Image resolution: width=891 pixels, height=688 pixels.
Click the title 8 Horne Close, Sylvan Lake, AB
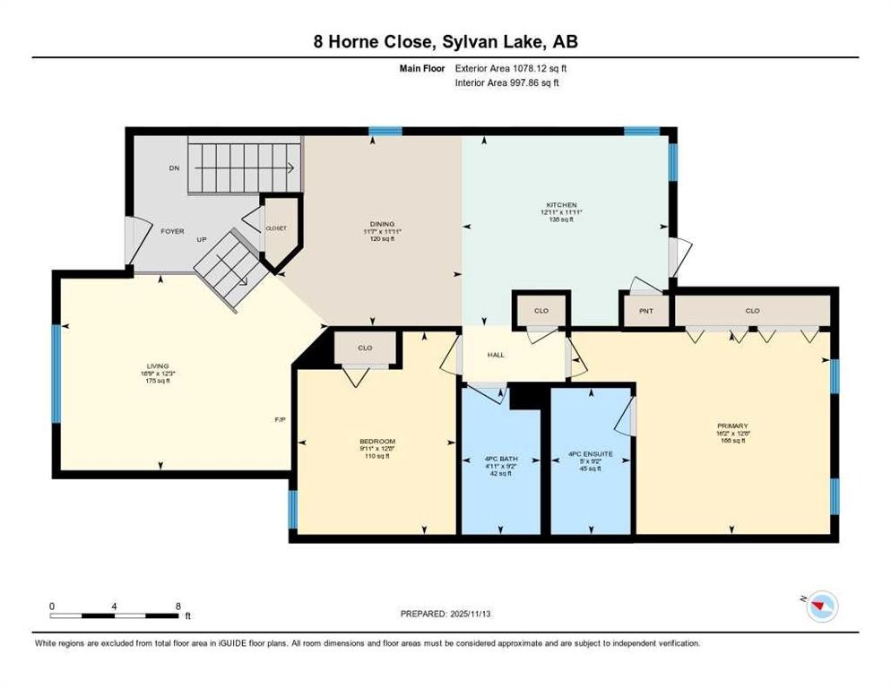click(x=445, y=42)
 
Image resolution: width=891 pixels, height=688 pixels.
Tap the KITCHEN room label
click(x=562, y=204)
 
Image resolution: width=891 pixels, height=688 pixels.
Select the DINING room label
click(x=383, y=224)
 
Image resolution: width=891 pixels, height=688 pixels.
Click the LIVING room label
click(x=158, y=365)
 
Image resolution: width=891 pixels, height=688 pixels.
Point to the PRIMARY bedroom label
click(x=731, y=426)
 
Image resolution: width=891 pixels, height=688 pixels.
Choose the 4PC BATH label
click(x=500, y=454)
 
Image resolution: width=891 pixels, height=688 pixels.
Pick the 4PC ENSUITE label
click(x=591, y=454)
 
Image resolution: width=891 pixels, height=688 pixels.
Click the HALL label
click(x=496, y=355)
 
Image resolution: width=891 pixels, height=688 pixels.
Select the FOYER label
click(x=172, y=231)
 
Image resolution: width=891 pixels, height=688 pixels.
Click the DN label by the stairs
click(x=174, y=168)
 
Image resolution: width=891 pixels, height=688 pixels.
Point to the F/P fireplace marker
click(x=280, y=419)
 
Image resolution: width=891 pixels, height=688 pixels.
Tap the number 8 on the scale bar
click(x=177, y=606)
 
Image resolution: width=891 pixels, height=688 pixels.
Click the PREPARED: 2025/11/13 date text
click(x=445, y=614)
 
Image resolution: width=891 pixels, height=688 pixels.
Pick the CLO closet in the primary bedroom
click(x=751, y=311)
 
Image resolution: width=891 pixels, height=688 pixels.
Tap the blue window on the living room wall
click(x=56, y=372)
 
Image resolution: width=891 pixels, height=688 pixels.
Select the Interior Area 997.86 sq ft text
click(x=507, y=82)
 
